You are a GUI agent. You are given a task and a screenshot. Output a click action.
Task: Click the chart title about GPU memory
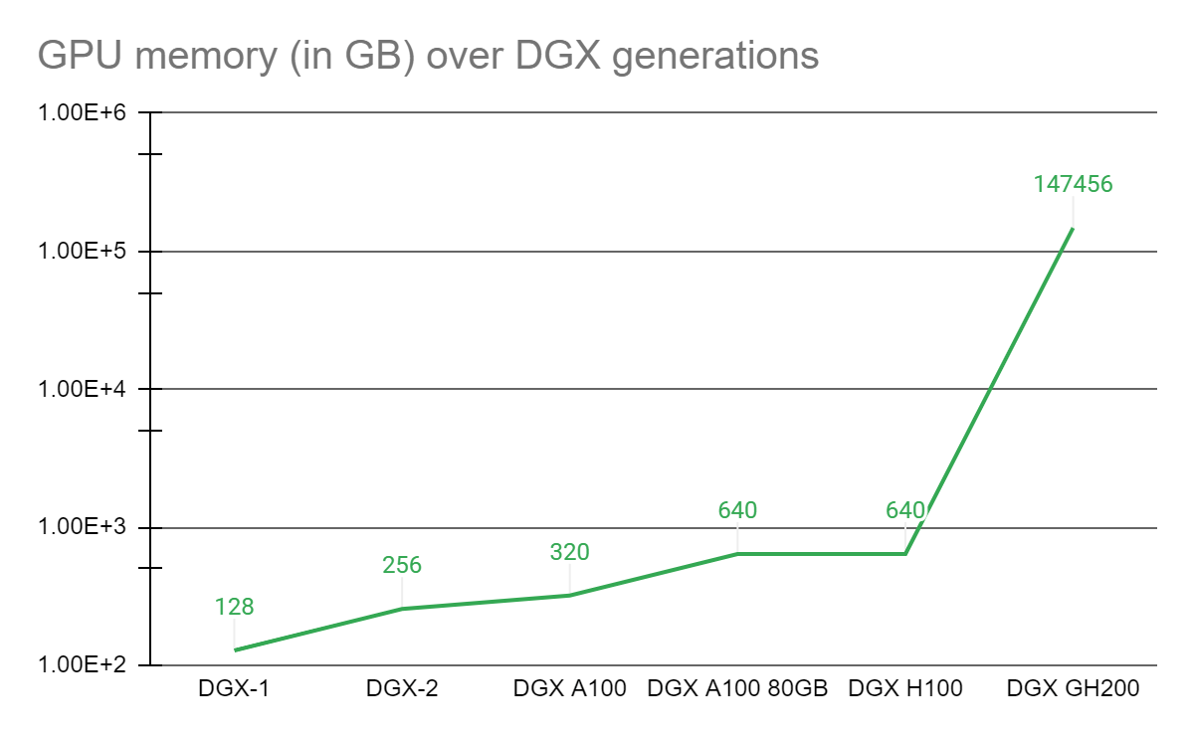pos(428,55)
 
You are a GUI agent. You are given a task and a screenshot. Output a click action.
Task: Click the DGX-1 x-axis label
pos(234,688)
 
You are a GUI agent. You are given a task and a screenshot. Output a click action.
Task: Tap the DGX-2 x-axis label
pos(402,688)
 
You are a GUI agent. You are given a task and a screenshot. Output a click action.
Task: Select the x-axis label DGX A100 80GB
pos(737,688)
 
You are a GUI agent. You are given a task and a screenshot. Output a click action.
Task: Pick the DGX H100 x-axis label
pos(905,688)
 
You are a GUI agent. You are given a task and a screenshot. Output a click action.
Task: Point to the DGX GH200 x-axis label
pos(1073,688)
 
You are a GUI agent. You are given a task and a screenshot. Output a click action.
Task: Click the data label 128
pos(235,607)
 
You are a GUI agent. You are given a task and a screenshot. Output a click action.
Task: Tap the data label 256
pos(402,565)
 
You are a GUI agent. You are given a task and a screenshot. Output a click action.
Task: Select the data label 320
pos(570,552)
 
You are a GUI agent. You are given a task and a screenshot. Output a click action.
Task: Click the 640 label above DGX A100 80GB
pos(737,510)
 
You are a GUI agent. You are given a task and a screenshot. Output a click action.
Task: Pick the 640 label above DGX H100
pos(905,510)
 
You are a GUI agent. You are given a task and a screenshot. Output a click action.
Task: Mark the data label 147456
pos(1073,184)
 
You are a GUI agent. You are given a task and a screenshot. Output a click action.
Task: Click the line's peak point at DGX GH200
pos(1073,229)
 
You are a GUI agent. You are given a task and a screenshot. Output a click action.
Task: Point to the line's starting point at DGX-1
pos(235,650)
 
